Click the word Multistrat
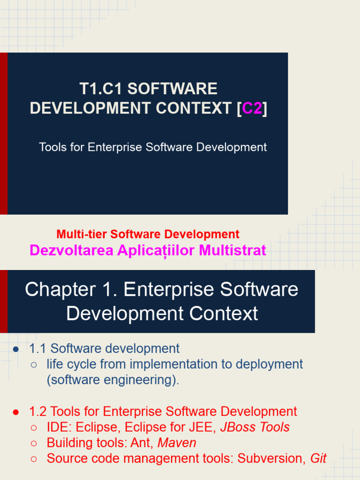[x=232, y=250]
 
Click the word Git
[x=319, y=458]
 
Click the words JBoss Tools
[x=255, y=427]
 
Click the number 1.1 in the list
[x=38, y=349]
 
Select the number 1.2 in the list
[x=38, y=412]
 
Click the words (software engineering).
[x=112, y=380]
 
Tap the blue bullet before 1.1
[x=16, y=349]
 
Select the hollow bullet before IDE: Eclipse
[x=34, y=428]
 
